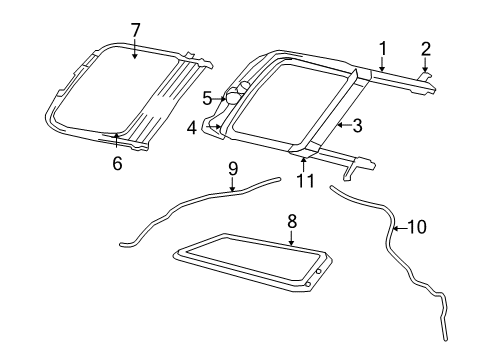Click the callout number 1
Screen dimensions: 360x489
pos(381,46)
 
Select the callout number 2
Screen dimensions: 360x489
pos(425,47)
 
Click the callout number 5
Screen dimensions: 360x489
pos(207,98)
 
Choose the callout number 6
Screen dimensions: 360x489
pos(117,163)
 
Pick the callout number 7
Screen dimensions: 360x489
pos(136,29)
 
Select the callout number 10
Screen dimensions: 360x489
pos(417,227)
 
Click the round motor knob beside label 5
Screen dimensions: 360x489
pos(234,97)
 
